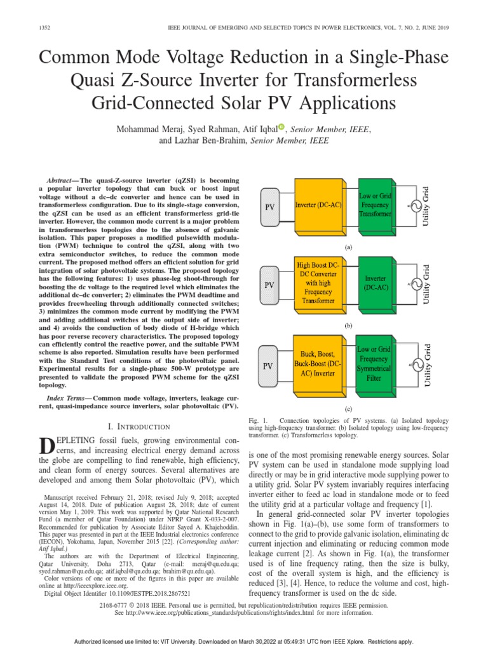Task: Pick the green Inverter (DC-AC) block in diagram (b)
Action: (x=379, y=284)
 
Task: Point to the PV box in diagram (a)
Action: (x=269, y=207)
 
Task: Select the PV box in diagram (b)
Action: (x=269, y=286)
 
